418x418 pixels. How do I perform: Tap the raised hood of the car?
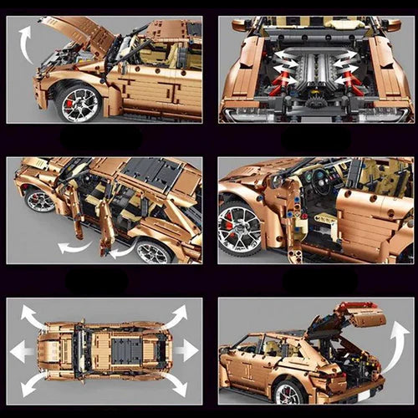[84, 33]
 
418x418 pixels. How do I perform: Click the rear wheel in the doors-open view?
[155, 252]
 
